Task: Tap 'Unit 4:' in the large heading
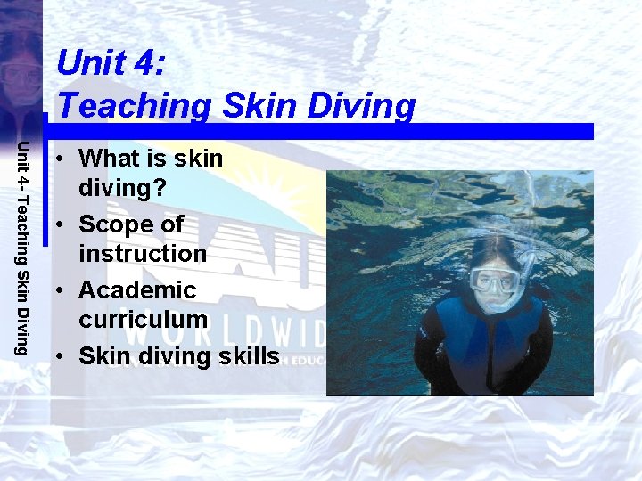click(110, 63)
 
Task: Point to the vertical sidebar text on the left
click(26, 247)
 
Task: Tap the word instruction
click(143, 254)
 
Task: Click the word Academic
click(137, 290)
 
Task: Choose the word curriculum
click(143, 319)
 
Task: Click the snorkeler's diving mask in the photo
click(493, 281)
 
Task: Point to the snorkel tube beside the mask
click(528, 267)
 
